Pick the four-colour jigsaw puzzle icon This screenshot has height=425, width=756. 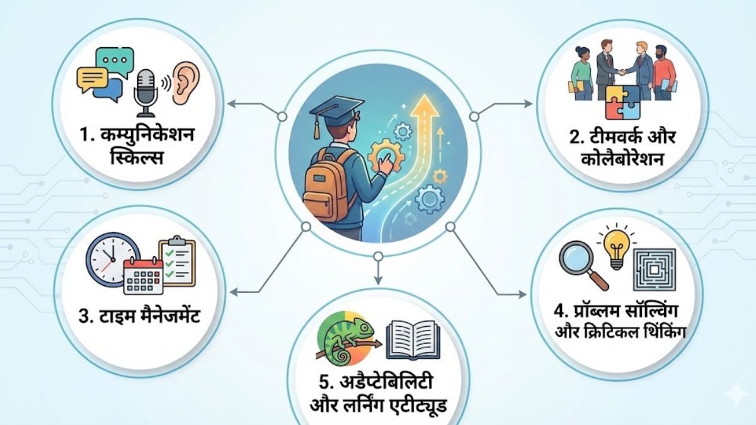622,103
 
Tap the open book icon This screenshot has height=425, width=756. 413,340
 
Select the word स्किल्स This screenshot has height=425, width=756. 137,158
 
